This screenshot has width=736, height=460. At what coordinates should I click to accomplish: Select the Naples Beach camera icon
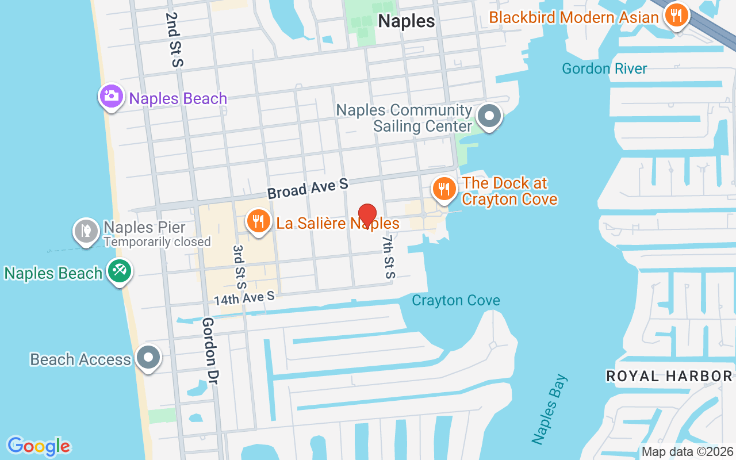click(x=111, y=96)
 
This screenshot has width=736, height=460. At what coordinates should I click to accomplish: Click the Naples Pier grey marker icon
click(x=86, y=231)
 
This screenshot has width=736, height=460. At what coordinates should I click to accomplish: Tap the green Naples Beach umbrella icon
click(x=120, y=271)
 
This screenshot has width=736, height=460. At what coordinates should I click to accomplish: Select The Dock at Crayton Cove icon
click(x=443, y=188)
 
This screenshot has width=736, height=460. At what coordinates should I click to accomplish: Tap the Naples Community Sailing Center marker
click(x=489, y=116)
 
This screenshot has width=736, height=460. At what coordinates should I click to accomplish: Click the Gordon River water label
click(x=604, y=69)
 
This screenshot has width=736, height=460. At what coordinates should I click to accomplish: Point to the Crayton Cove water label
click(x=456, y=301)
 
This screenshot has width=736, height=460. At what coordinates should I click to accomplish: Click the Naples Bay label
click(x=549, y=409)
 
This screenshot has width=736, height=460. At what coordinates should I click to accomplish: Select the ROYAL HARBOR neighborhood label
click(x=669, y=377)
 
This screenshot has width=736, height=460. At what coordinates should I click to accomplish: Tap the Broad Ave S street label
click(x=308, y=189)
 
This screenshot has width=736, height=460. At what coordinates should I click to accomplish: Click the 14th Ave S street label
click(x=244, y=298)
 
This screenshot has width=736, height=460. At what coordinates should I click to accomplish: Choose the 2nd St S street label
click(x=173, y=39)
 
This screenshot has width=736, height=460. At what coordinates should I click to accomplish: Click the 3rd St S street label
click(x=239, y=266)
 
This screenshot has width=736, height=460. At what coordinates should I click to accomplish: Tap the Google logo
click(x=39, y=446)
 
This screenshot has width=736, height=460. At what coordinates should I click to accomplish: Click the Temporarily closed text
click(x=157, y=242)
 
